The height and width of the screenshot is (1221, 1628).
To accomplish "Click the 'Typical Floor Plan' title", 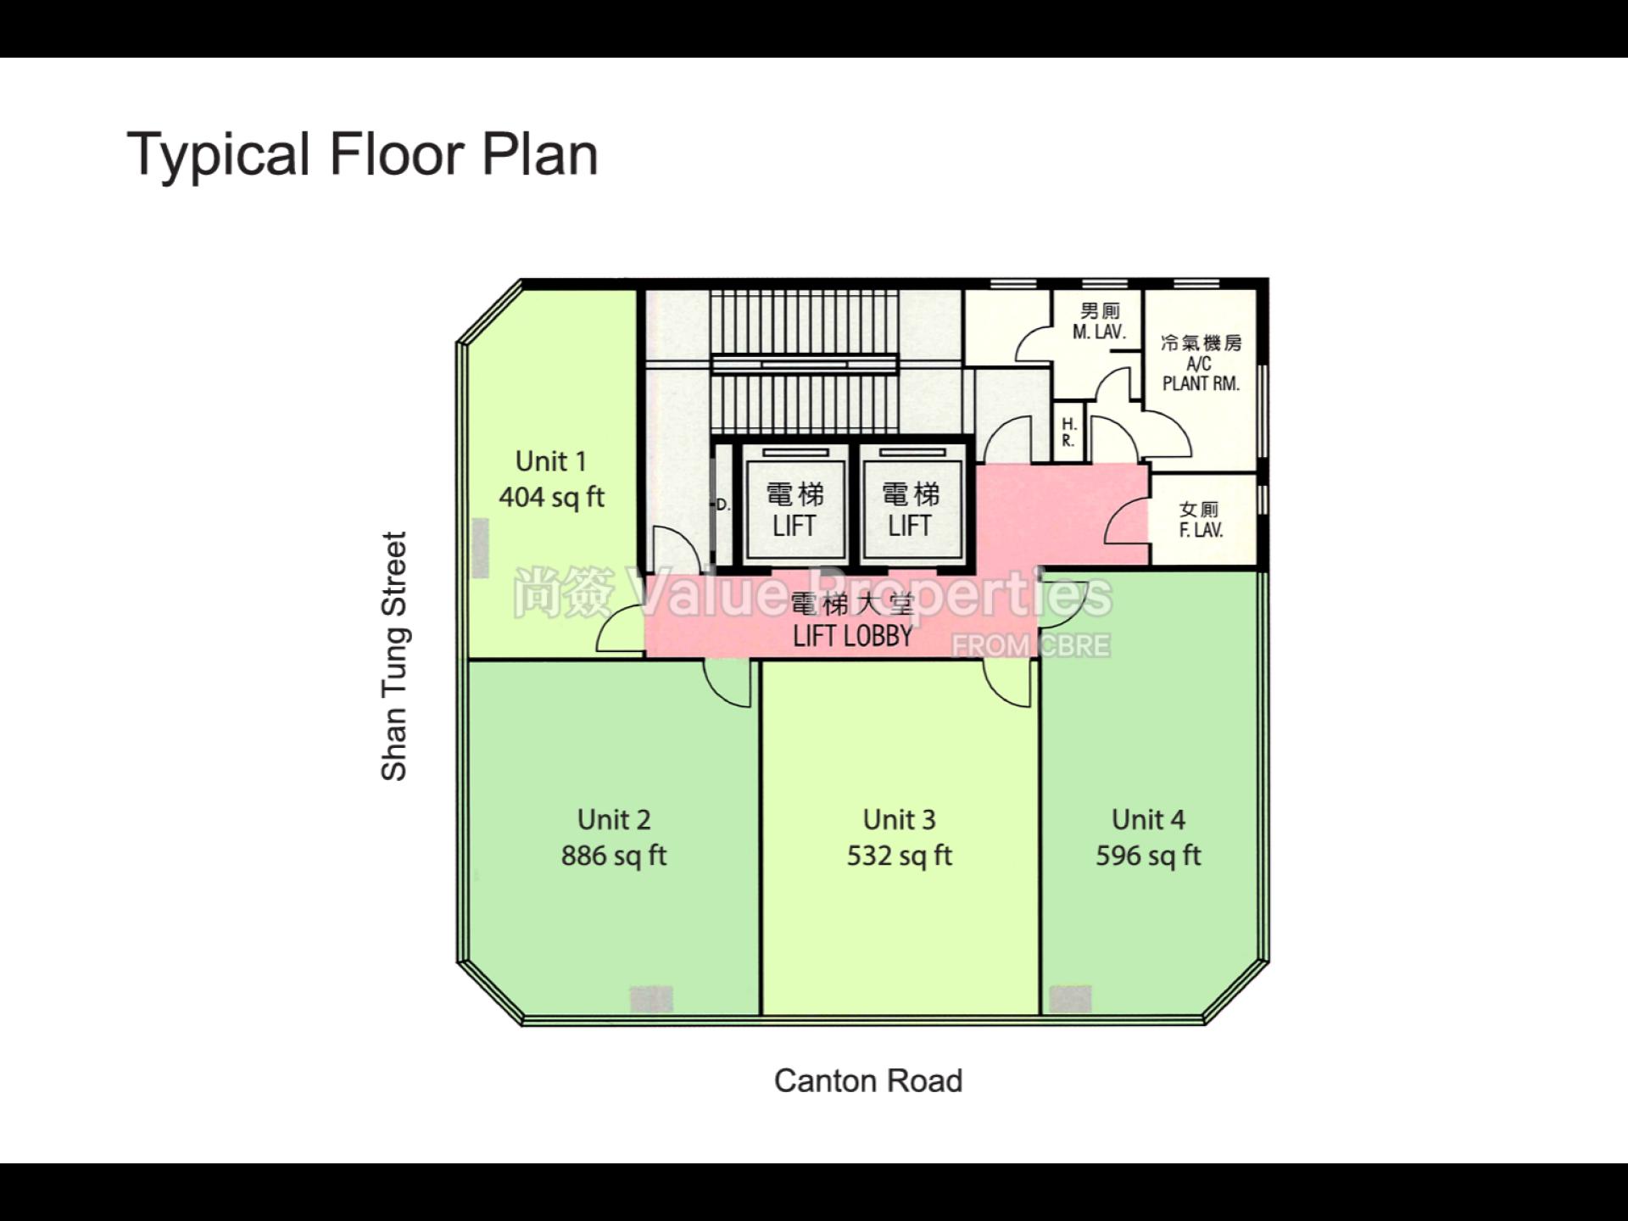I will tap(363, 154).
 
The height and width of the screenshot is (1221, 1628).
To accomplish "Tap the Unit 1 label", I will tap(551, 461).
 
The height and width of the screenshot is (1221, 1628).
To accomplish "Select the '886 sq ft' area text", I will tap(614, 856).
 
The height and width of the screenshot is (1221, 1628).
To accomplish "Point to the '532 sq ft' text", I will tap(900, 856).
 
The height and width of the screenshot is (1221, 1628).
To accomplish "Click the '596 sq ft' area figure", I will tap(1148, 856).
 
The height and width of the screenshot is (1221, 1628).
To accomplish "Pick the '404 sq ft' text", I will tap(551, 497).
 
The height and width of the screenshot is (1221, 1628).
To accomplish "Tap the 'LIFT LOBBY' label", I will tap(852, 636).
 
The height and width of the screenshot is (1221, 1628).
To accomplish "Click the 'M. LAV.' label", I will tap(1099, 332).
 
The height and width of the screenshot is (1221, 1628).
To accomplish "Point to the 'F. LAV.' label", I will tap(1201, 530).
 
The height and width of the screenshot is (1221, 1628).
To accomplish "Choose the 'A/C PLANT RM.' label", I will tap(1201, 373).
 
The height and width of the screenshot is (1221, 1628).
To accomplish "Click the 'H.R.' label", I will tap(1068, 432).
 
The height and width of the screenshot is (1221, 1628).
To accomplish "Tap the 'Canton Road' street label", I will tap(868, 1081).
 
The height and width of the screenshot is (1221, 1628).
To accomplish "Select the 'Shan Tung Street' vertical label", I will tap(394, 655).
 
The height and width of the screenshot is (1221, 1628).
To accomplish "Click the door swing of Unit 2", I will tap(728, 683).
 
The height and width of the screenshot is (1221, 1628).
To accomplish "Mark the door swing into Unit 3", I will tap(1007, 683).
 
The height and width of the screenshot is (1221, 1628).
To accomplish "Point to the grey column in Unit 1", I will tap(480, 549).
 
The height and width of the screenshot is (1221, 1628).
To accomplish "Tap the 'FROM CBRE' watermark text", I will tap(1030, 646).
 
